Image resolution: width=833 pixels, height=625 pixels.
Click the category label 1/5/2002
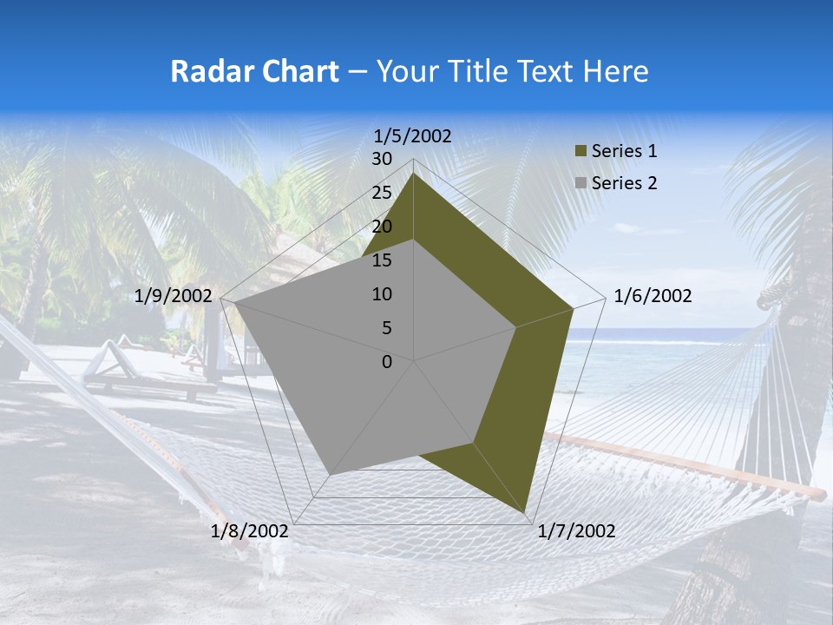(x=413, y=135)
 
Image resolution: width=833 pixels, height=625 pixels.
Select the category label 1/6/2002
(x=653, y=296)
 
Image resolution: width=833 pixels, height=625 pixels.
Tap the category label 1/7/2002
(x=577, y=531)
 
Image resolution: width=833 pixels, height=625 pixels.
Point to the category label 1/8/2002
(x=250, y=531)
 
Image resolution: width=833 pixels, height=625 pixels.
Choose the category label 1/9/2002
(x=174, y=296)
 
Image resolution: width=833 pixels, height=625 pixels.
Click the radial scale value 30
(x=382, y=159)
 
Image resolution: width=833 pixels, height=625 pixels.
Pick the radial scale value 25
(x=382, y=193)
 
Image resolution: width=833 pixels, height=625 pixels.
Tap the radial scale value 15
(x=382, y=260)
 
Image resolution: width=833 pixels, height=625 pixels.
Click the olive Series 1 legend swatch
(x=580, y=151)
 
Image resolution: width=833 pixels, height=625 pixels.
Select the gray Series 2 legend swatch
(x=580, y=183)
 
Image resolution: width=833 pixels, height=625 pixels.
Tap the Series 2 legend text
(x=624, y=183)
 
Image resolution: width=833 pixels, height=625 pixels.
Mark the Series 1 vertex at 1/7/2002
(x=526, y=514)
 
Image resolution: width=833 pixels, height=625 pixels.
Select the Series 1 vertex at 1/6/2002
(x=574, y=308)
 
